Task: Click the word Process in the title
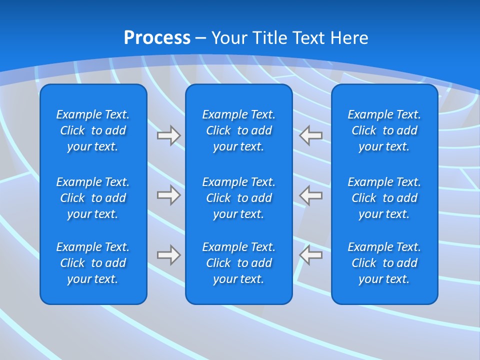click(x=157, y=38)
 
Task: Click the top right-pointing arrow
click(x=168, y=135)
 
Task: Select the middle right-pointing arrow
click(x=168, y=195)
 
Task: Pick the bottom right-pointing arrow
click(x=168, y=255)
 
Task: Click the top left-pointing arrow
click(x=311, y=135)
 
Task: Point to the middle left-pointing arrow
click(x=311, y=195)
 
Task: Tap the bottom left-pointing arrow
click(x=311, y=255)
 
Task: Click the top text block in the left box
click(x=93, y=130)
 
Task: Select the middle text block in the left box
click(x=93, y=198)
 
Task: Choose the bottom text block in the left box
click(x=93, y=263)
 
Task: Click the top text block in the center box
click(x=238, y=130)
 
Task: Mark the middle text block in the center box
click(x=238, y=198)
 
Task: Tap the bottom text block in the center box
click(x=238, y=263)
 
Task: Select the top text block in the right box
click(x=384, y=130)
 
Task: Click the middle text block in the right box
click(x=384, y=198)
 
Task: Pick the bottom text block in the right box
click(x=384, y=263)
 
